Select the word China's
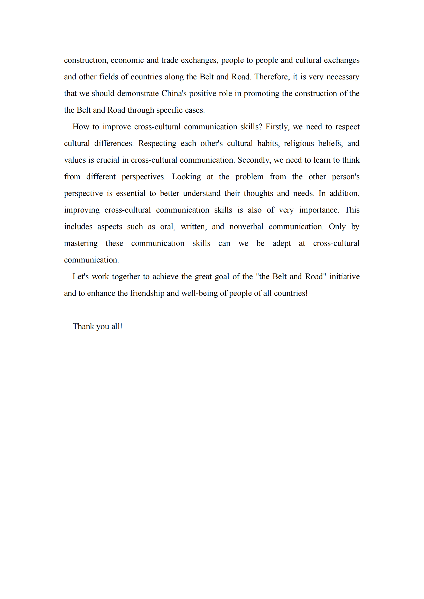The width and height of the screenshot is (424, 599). tap(174, 93)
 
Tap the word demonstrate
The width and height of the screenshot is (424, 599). tap(138, 93)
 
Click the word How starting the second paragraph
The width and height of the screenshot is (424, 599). tap(81, 127)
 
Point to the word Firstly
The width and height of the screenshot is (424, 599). tap(277, 127)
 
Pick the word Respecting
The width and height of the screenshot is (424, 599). tap(157, 143)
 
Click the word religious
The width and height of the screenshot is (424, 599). tap(299, 143)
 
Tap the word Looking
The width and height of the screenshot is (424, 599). tap(186, 177)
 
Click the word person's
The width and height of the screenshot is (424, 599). tap(345, 177)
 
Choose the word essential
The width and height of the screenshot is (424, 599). tap(130, 193)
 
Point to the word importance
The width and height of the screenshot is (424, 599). tap(319, 210)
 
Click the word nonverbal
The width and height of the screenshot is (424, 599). tap(246, 226)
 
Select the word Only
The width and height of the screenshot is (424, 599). tap(337, 226)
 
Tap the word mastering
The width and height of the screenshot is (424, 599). tap(81, 243)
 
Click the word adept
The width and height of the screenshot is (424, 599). tap(281, 243)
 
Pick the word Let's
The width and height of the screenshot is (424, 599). tap(80, 277)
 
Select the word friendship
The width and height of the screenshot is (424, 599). tap(147, 293)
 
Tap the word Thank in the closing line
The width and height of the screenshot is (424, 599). tap(83, 326)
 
